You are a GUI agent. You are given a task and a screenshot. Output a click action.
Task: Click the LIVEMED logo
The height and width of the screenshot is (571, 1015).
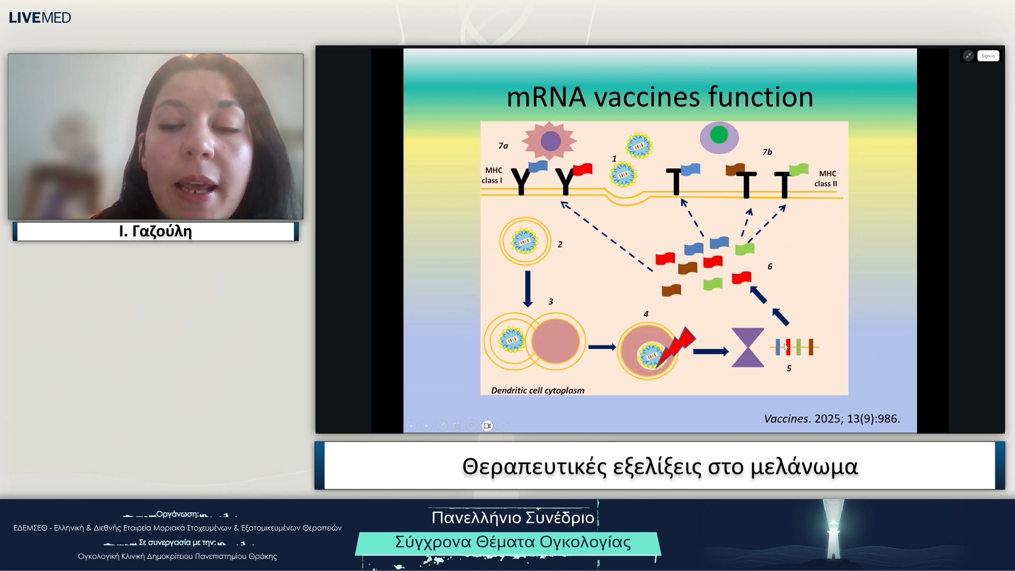(40, 17)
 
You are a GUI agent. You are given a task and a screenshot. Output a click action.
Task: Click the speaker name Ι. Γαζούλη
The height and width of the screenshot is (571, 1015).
(155, 232)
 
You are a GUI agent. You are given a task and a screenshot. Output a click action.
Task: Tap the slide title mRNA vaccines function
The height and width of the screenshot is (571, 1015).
(660, 97)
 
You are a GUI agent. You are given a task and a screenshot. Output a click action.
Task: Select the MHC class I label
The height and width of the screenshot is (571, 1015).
(492, 175)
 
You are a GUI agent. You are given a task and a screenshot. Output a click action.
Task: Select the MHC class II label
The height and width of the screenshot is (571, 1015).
(826, 179)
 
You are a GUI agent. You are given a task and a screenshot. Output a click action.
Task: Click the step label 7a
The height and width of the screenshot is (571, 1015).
(503, 145)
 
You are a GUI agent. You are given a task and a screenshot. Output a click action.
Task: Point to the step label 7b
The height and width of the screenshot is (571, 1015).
(767, 152)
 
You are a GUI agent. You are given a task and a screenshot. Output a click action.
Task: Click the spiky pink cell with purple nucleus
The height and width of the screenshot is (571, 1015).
(549, 141)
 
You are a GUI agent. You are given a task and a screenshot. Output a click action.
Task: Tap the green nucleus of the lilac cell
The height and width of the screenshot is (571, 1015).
(719, 134)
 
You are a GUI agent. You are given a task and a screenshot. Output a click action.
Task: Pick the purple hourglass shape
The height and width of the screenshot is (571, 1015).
(748, 347)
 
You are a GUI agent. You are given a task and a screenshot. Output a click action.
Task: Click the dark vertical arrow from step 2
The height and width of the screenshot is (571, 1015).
(528, 289)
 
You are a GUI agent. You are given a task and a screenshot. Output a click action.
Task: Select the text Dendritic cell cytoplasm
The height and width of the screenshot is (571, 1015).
(538, 390)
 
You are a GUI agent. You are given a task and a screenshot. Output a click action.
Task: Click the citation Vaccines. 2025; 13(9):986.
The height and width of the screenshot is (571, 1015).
(832, 419)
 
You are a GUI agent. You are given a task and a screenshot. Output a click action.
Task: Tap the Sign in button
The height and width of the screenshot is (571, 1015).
(988, 56)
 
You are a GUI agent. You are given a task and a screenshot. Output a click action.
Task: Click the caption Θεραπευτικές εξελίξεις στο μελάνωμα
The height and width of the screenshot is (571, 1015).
(660, 467)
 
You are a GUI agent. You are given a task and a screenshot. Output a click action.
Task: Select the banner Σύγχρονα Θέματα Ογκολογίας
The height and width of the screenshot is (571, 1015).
(513, 542)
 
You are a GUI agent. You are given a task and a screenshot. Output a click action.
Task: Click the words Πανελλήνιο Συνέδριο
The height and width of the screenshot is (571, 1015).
(513, 518)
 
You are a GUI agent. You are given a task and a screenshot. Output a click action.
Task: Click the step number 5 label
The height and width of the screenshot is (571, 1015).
(789, 369)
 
